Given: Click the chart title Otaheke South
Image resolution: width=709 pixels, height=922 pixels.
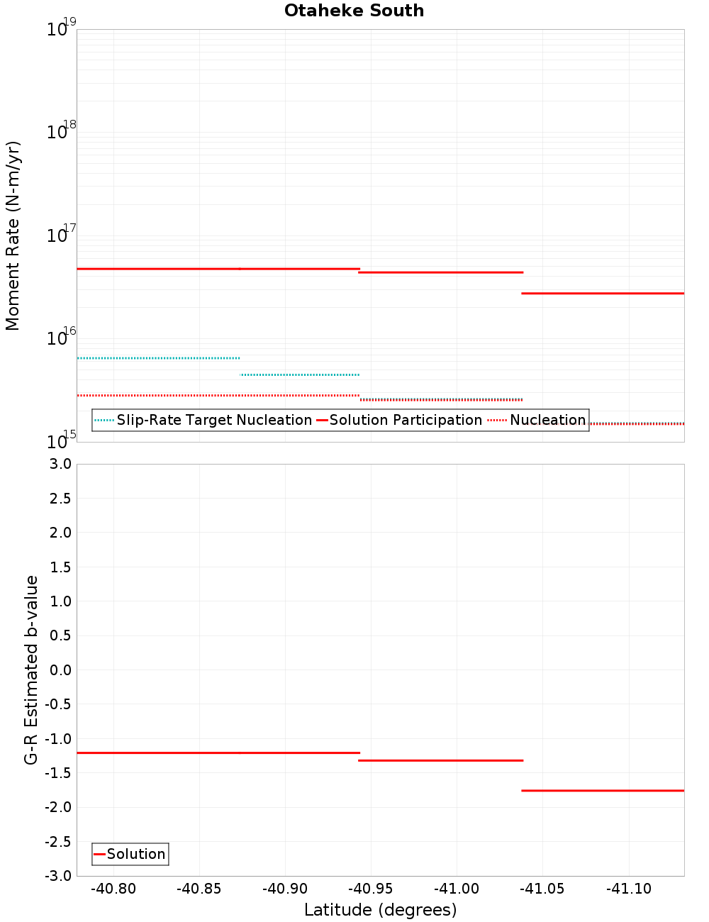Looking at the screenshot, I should pos(354,11).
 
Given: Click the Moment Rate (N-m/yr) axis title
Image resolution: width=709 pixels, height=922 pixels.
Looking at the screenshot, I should pos(13,235).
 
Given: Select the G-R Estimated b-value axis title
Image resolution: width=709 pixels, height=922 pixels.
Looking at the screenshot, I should pos(31,670).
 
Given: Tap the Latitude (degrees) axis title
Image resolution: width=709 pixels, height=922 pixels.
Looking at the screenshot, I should pos(380,910).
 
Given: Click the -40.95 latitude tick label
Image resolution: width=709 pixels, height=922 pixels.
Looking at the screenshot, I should pos(371,889).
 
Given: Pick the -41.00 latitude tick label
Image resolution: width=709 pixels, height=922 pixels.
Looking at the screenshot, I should pos(457,889).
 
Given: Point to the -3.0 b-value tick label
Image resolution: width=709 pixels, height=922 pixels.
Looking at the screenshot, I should pos(58,876).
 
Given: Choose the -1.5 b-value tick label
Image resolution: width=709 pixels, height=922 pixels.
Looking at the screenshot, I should pos(58,773).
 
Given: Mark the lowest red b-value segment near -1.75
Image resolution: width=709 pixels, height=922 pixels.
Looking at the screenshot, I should pos(603,790).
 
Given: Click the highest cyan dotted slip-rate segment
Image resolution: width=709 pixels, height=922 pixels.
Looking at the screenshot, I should pos(158,358).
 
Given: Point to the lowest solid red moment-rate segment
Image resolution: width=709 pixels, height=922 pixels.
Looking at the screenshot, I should pos(603,293).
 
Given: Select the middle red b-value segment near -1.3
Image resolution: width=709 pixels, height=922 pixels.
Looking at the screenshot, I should pos(441,760).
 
